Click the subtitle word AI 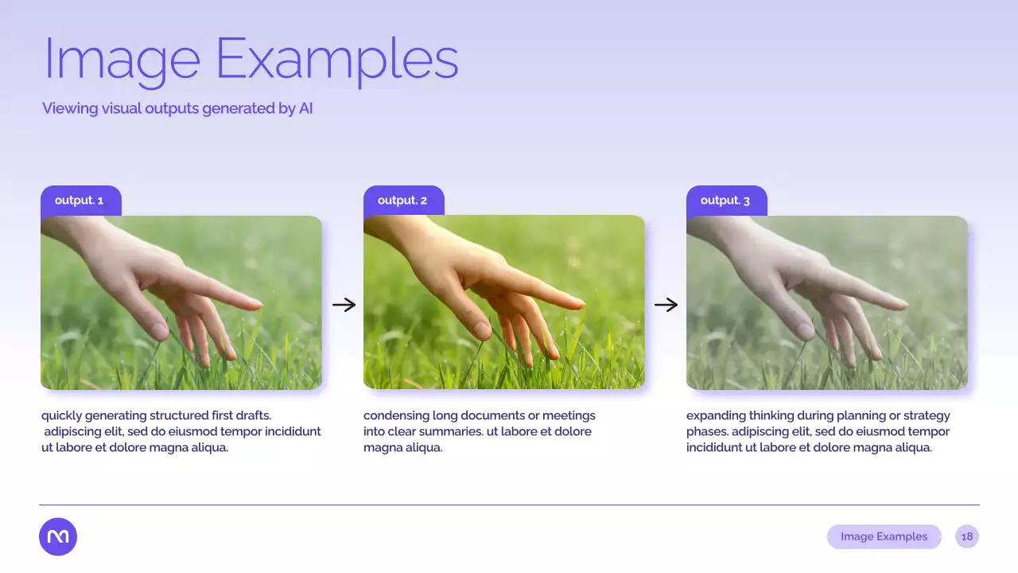[x=305, y=108]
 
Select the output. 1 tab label [x=79, y=201]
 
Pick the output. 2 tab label [x=402, y=201]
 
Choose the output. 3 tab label [x=725, y=201]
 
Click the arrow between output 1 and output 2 [x=344, y=305]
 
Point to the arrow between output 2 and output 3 [x=666, y=305]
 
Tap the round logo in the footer [x=58, y=536]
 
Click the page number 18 [x=967, y=536]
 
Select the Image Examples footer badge [x=884, y=536]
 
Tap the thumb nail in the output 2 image [x=482, y=330]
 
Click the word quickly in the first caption [x=62, y=415]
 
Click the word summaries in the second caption [x=453, y=431]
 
